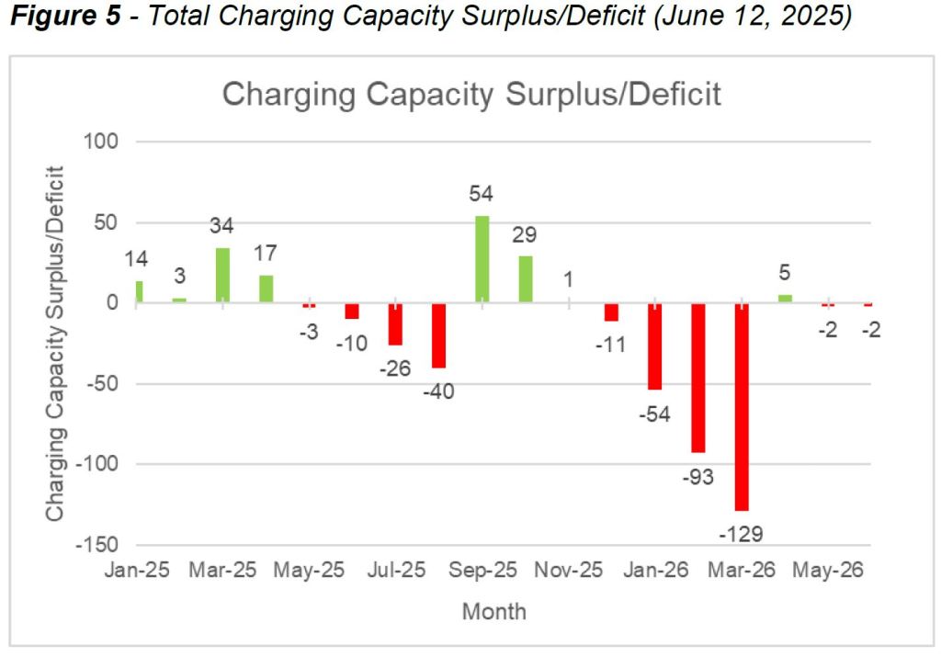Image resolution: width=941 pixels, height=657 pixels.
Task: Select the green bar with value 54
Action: pyautogui.click(x=482, y=259)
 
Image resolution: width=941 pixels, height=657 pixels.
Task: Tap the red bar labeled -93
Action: pyautogui.click(x=698, y=378)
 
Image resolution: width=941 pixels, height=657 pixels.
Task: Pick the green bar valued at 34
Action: pyautogui.click(x=222, y=275)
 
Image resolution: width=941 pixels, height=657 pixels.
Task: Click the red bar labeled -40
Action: pyautogui.click(x=438, y=335)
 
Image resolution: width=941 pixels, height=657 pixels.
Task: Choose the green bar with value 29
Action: pyautogui.click(x=526, y=279)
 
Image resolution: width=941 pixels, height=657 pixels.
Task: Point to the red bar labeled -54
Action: pyautogui.click(x=655, y=346)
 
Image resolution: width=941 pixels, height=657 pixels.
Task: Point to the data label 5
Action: pyautogui.click(x=785, y=272)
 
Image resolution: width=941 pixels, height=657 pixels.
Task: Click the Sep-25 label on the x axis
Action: pyautogui.click(x=483, y=571)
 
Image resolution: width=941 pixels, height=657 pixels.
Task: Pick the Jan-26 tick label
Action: pyautogui.click(x=654, y=571)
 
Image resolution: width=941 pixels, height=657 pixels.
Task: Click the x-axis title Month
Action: pyautogui.click(x=494, y=611)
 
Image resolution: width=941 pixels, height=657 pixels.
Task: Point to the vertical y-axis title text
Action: pyautogui.click(x=57, y=343)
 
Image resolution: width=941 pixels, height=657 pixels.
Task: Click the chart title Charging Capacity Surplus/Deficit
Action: pyautogui.click(x=471, y=95)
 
